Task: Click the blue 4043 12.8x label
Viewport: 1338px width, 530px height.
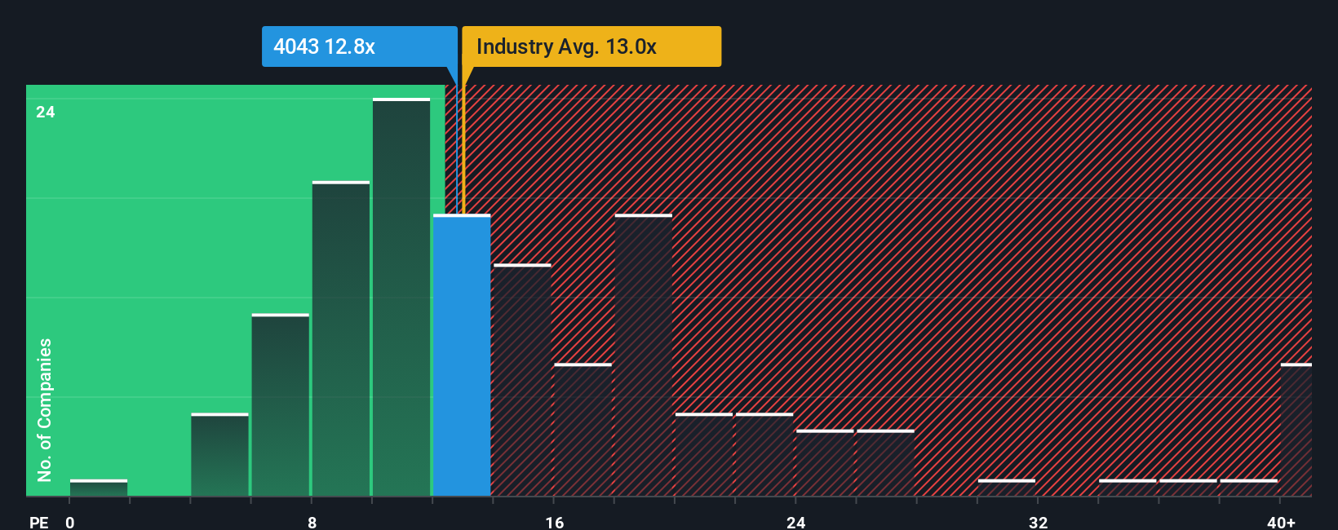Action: [x=359, y=46]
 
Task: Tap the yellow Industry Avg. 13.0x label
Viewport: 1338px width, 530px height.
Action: [x=591, y=46]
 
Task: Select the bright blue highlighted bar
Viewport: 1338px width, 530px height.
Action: [x=462, y=356]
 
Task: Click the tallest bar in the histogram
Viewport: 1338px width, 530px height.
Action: [x=401, y=297]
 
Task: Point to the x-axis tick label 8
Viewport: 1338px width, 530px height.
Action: [x=312, y=522]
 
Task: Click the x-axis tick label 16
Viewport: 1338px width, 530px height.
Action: [x=554, y=522]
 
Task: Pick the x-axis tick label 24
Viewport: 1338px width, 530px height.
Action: [x=795, y=522]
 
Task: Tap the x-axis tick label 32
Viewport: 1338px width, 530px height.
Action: [x=1038, y=522]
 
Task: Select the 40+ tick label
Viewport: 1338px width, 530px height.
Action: [x=1281, y=522]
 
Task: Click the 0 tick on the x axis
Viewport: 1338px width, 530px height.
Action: [x=70, y=522]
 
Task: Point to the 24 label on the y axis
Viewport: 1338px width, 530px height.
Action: [x=46, y=112]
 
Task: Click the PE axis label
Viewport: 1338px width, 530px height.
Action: [x=38, y=522]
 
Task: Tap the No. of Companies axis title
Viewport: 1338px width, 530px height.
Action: [x=45, y=409]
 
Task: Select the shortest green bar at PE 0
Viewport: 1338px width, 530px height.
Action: [x=99, y=488]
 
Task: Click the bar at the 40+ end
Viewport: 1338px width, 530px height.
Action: [x=1296, y=430]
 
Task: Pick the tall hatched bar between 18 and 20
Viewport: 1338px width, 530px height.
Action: [x=644, y=356]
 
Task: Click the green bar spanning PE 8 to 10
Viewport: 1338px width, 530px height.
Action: [x=341, y=338]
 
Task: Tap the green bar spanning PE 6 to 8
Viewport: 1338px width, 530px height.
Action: [x=281, y=405]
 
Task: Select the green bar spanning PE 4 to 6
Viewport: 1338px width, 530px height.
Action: [x=219, y=455]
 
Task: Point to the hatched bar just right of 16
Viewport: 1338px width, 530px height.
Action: [x=583, y=430]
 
